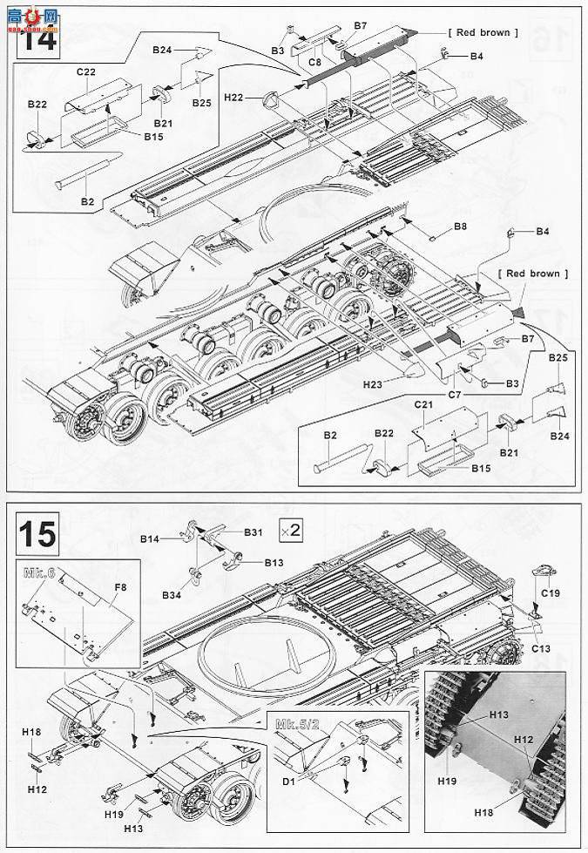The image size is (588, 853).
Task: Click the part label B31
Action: coord(253,532)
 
